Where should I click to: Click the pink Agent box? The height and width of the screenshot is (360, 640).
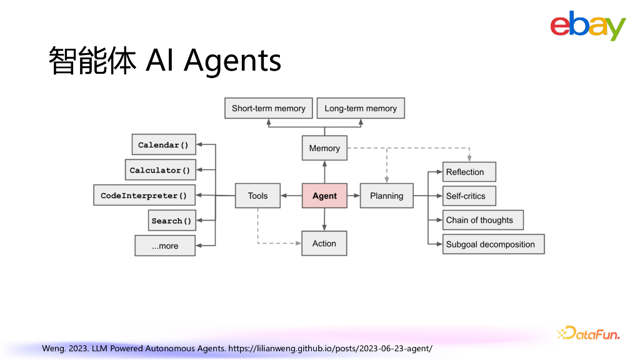tap(324, 196)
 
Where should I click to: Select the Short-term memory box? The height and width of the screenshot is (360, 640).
tap(268, 108)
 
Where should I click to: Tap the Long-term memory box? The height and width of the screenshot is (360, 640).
tap(361, 108)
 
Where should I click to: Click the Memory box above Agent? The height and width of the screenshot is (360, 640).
tap(324, 148)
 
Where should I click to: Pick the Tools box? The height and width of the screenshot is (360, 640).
tap(257, 196)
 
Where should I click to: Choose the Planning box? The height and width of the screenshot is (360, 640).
tap(386, 196)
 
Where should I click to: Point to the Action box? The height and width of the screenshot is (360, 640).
tap(324, 243)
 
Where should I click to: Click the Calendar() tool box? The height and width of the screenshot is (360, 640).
tap(163, 145)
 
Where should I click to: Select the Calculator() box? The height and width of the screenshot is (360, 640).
tap(160, 170)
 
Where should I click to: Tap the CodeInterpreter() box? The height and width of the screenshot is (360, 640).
tap(144, 196)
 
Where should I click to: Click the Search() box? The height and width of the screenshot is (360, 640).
tap(171, 221)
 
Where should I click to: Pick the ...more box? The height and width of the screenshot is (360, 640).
tap(165, 246)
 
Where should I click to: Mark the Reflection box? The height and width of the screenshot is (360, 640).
tap(469, 172)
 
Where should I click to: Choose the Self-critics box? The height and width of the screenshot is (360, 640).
tap(469, 196)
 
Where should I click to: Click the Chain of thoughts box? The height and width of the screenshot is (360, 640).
tap(482, 220)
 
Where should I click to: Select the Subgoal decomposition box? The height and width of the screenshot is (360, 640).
tap(493, 244)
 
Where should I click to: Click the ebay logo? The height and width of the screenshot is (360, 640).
tap(587, 26)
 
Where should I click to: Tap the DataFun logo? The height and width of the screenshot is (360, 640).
tap(588, 334)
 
